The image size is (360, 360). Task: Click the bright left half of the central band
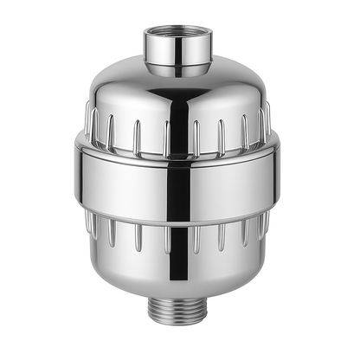coord(121,173)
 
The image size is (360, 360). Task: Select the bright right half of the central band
coord(238,173)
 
